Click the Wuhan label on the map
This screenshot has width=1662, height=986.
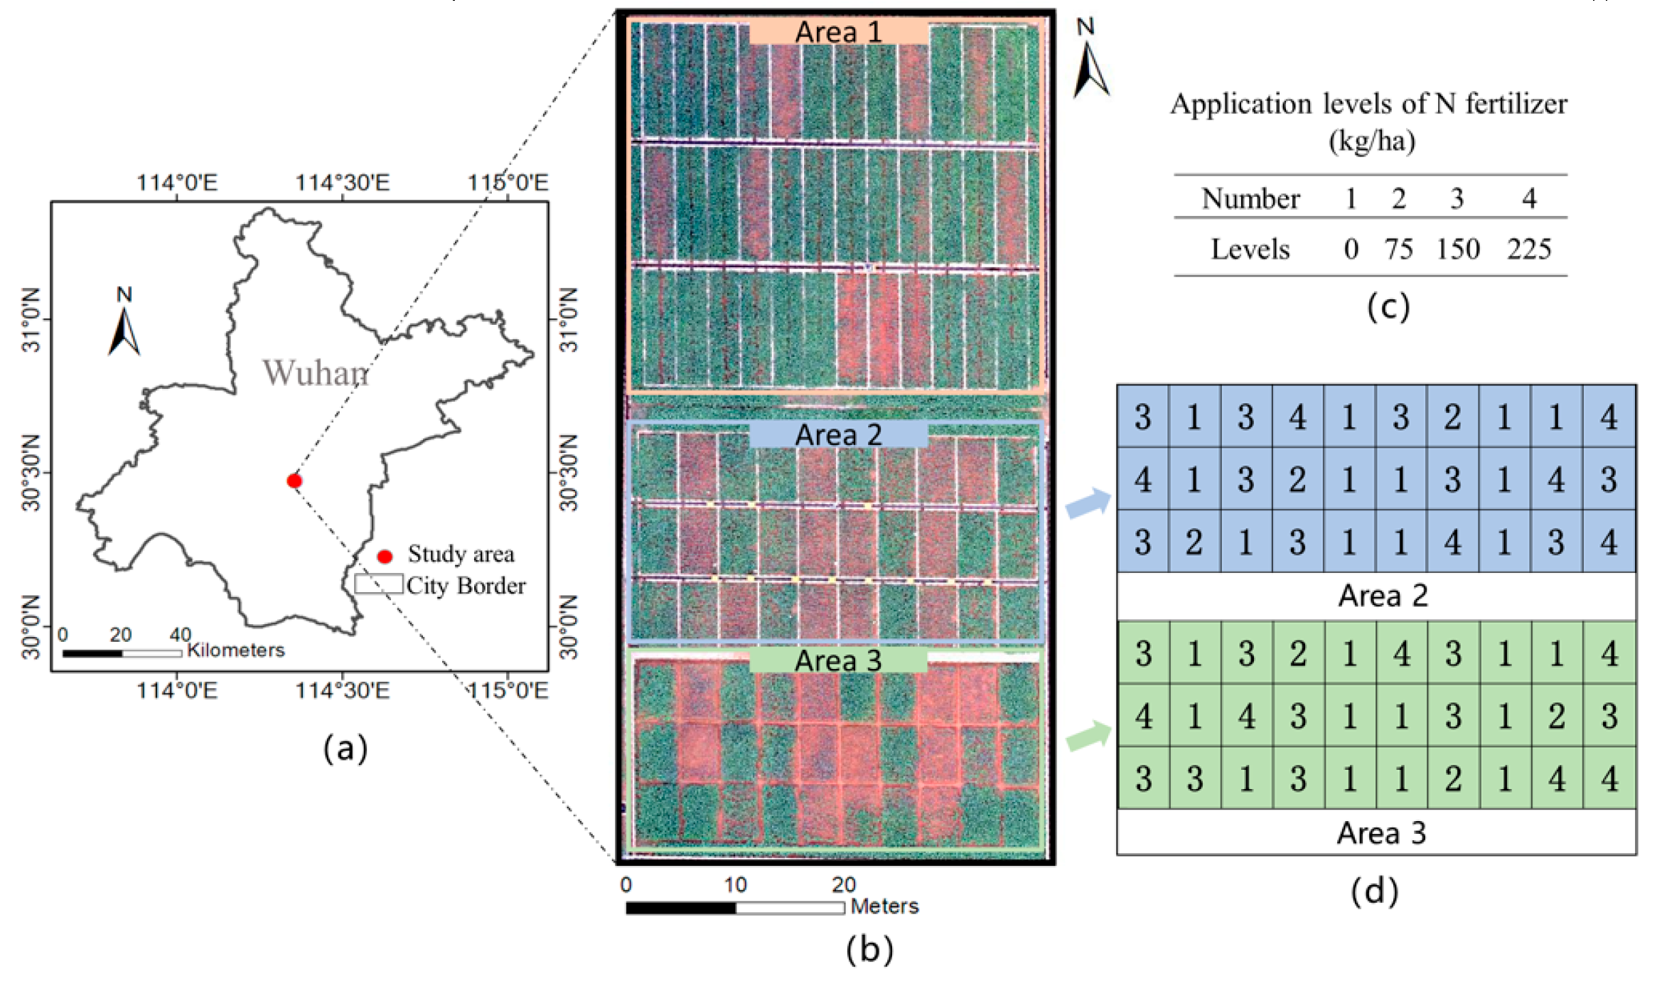[316, 373]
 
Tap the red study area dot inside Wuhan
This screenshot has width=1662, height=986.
[294, 481]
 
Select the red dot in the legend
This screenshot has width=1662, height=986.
[385, 556]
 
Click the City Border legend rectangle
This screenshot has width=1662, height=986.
[379, 584]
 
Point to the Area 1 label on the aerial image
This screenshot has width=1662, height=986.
[839, 32]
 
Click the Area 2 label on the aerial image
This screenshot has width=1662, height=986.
[839, 435]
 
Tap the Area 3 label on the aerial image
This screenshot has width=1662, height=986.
[838, 660]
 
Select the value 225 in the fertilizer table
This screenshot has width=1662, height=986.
[1529, 249]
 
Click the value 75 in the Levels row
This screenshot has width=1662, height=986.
[1398, 249]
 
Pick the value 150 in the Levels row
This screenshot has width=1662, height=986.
[1458, 249]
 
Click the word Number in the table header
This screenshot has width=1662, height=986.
[1250, 198]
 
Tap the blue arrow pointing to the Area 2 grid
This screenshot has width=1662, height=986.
[1088, 503]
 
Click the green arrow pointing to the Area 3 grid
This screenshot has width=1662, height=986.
[1088, 736]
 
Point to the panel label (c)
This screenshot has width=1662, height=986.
[1388, 307]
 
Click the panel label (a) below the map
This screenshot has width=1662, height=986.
[345, 749]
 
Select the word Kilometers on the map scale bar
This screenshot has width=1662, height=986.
[235, 650]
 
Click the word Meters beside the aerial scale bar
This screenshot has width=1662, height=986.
[884, 906]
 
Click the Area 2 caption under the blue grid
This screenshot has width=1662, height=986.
[1383, 596]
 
